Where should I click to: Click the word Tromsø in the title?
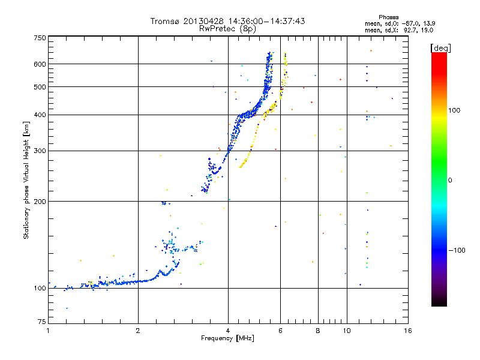pyautogui.click(x=164, y=21)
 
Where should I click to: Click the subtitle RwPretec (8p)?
pyautogui.click(x=227, y=29)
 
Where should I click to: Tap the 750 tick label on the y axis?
pyautogui.click(x=40, y=38)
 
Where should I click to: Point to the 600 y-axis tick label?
pyautogui.click(x=40, y=64)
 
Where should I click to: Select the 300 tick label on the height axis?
pyautogui.click(x=40, y=151)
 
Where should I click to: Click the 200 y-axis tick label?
pyautogui.click(x=40, y=201)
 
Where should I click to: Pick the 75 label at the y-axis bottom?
pyautogui.click(x=42, y=322)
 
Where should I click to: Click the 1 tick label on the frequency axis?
pyautogui.click(x=48, y=331)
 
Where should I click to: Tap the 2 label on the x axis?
pyautogui.click(x=138, y=331)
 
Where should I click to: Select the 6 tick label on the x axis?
pyautogui.click(x=280, y=331)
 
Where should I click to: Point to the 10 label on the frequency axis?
pyautogui.click(x=347, y=331)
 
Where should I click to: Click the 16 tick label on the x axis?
pyautogui.click(x=408, y=331)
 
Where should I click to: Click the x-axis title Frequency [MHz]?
pyautogui.click(x=227, y=338)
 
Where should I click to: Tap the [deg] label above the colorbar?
pyautogui.click(x=440, y=48)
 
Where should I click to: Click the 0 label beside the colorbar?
pyautogui.click(x=449, y=180)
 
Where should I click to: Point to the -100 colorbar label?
pyautogui.click(x=457, y=250)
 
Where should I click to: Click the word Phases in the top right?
pyautogui.click(x=388, y=17)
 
